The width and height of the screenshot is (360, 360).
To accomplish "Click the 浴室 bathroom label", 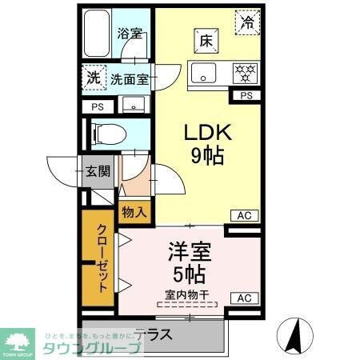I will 130,34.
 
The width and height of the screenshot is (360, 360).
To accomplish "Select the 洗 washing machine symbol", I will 94,79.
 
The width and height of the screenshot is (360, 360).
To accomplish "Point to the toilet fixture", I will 109,131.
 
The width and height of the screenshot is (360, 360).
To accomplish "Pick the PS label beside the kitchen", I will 246,97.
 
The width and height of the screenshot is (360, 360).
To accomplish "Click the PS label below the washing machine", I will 97,106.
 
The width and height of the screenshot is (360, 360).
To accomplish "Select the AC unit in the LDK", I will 245,214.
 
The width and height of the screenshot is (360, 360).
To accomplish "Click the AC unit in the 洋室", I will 245,298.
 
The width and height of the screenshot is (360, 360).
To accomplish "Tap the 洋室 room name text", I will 189,253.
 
